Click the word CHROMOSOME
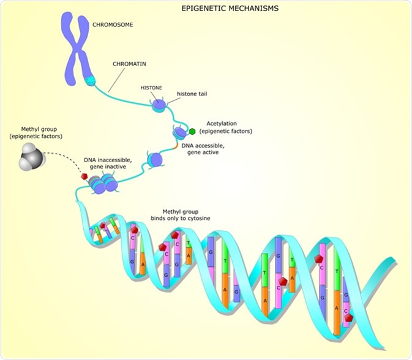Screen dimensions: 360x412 tap(113, 25)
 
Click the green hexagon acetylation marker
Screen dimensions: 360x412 tap(192, 130)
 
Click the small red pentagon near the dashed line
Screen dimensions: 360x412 tap(84, 176)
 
